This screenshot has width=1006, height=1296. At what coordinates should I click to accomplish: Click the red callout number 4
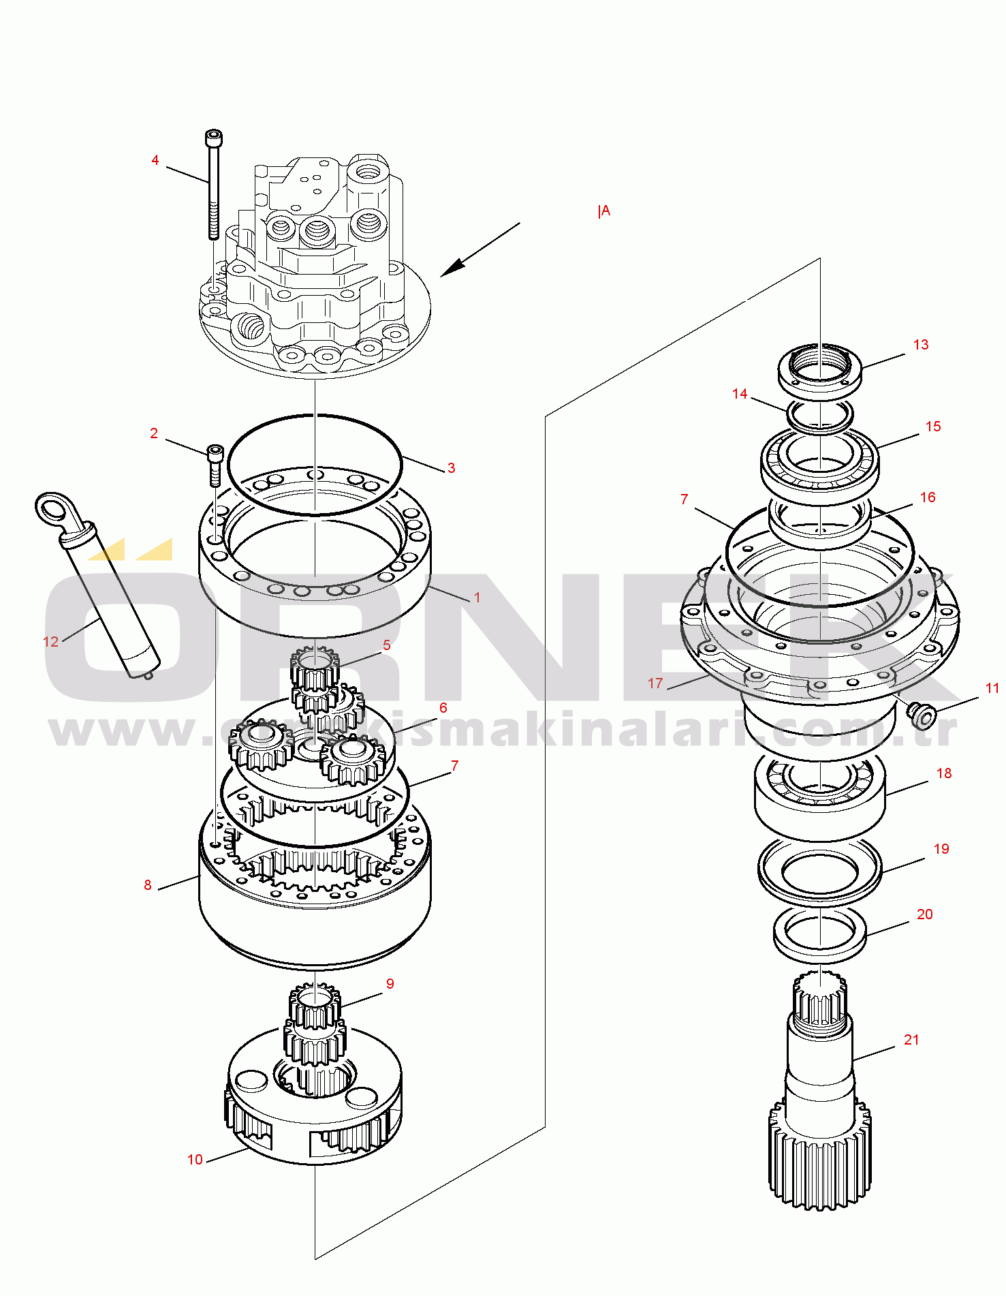(x=155, y=160)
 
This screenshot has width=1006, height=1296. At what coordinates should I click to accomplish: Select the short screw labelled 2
(x=215, y=465)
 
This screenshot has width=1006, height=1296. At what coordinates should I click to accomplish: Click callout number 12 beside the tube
(x=51, y=641)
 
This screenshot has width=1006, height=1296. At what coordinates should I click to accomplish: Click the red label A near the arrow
(x=606, y=211)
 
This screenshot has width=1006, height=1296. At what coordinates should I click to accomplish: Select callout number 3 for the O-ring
(x=451, y=468)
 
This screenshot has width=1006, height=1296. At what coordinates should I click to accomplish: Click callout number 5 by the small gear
(x=387, y=645)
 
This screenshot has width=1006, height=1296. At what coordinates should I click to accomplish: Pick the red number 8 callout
(x=148, y=885)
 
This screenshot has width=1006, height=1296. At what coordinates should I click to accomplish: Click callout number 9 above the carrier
(x=390, y=984)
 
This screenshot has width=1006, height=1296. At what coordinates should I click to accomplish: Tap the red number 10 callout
(x=195, y=1160)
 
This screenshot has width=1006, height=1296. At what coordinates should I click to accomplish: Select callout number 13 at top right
(x=921, y=345)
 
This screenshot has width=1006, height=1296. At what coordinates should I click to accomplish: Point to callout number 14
(x=740, y=394)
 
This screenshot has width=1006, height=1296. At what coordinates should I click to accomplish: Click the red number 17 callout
(x=655, y=683)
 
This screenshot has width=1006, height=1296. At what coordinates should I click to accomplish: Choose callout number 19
(x=941, y=849)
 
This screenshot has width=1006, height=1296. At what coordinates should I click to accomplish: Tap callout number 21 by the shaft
(x=911, y=1040)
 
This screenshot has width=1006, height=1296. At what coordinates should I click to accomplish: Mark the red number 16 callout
(x=928, y=497)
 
